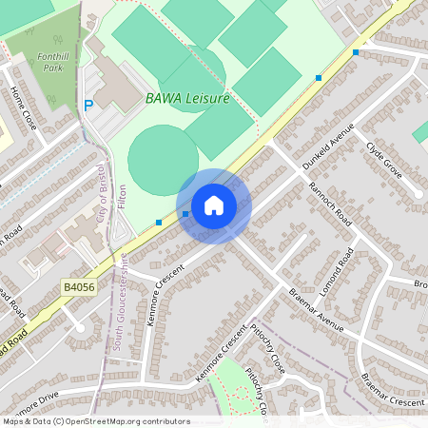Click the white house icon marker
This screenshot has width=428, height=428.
(x=213, y=205)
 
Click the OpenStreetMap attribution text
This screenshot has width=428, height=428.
(x=95, y=421)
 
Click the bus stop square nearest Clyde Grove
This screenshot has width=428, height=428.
(x=356, y=52)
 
